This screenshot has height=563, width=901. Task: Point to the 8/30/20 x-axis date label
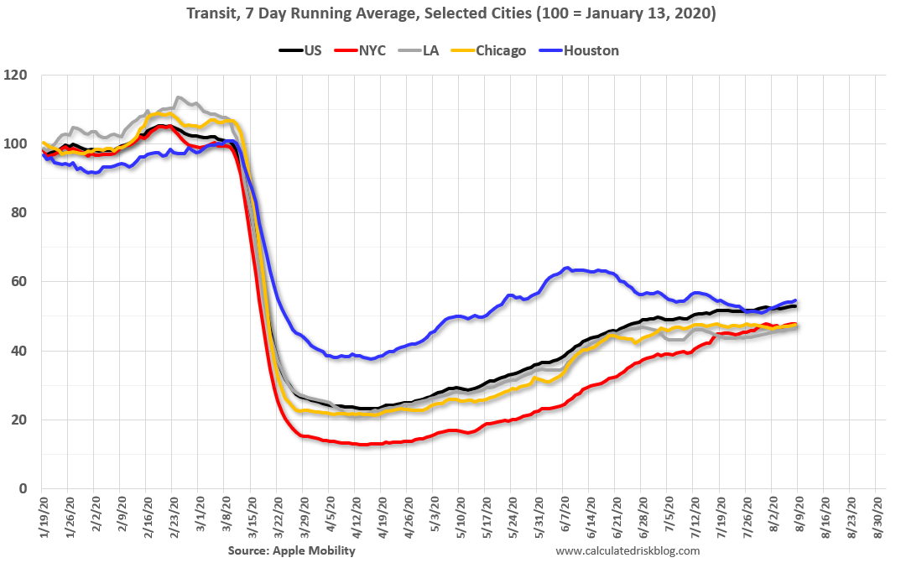pyautogui.click(x=877, y=515)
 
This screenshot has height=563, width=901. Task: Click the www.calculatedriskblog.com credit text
pyautogui.click(x=628, y=550)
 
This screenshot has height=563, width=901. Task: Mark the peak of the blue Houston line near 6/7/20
pyautogui.click(x=568, y=268)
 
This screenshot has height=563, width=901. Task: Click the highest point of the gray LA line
pyautogui.click(x=177, y=97)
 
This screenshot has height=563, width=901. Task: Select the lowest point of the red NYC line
pyautogui.click(x=362, y=445)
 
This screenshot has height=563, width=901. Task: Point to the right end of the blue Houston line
pyautogui.click(x=795, y=300)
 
